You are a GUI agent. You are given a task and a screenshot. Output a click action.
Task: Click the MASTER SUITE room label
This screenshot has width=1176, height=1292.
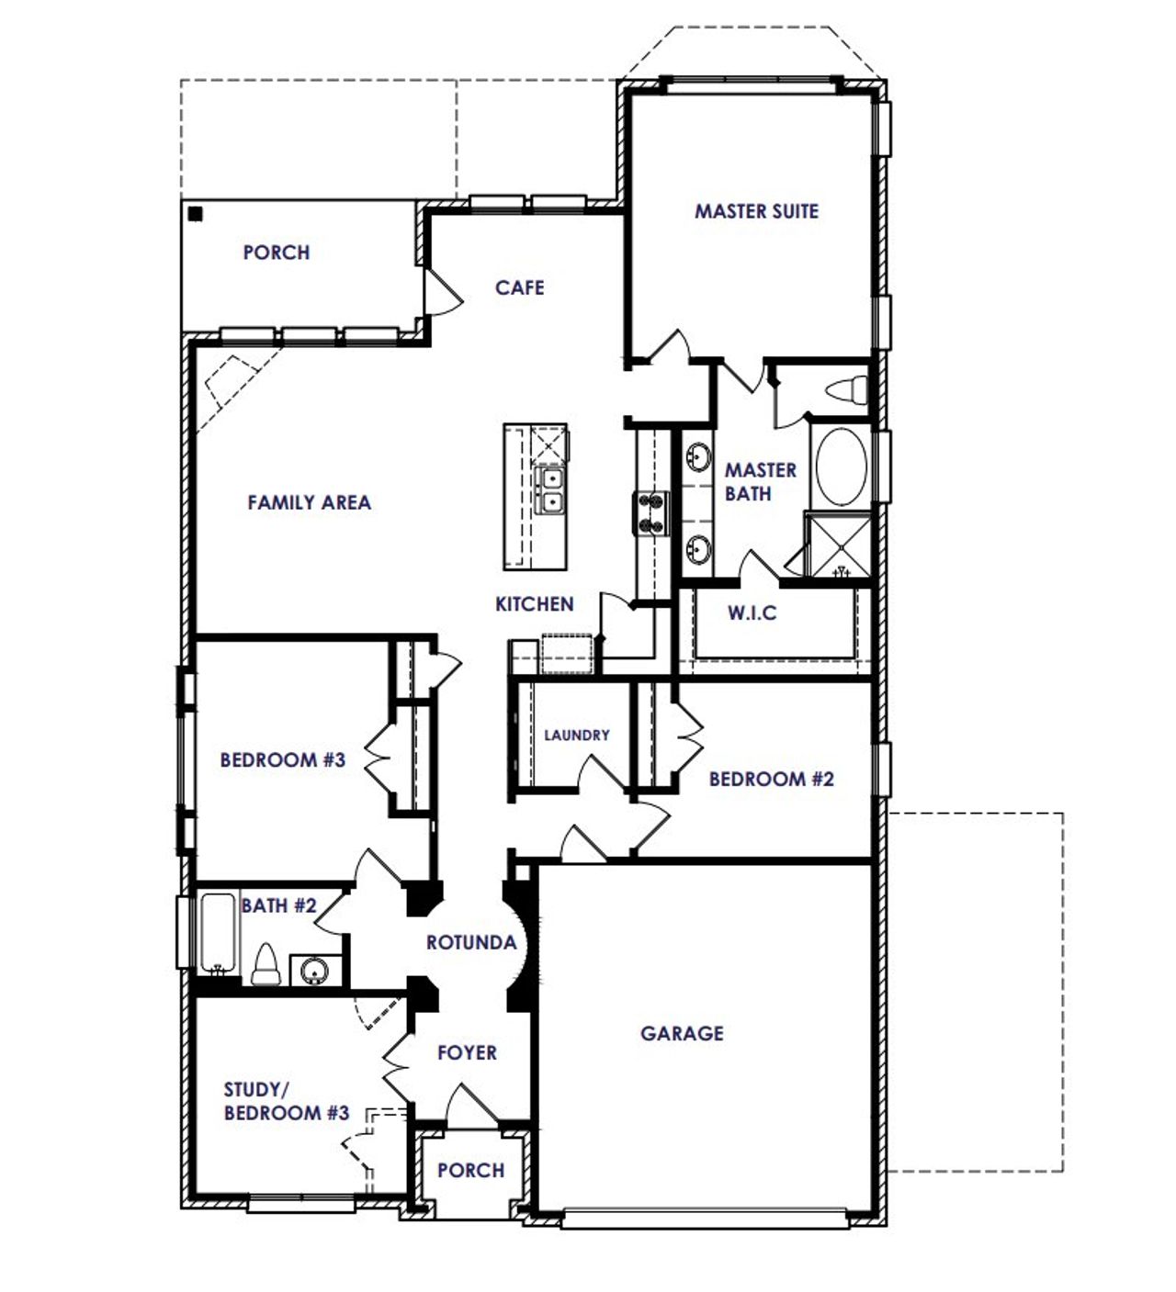coord(756,211)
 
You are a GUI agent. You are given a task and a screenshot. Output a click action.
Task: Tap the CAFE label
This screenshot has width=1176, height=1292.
coord(519,287)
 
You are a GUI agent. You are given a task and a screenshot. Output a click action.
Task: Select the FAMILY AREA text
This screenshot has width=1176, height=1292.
coord(309,502)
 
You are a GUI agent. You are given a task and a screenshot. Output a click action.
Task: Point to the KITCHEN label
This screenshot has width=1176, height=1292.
coord(534,603)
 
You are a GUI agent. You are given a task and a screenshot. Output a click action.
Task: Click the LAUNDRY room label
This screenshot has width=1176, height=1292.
coord(576,735)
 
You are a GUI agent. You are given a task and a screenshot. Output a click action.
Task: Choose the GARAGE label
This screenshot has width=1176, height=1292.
coord(682,1033)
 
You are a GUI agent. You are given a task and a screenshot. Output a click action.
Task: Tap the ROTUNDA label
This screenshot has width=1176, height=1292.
coord(470,942)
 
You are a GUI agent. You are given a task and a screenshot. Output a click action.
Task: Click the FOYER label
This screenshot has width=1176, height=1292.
coord(467,1052)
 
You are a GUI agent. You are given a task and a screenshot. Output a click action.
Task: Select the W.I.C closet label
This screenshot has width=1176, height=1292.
coord(752,612)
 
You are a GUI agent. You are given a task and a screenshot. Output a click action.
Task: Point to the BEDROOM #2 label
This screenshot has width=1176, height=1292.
coord(771,779)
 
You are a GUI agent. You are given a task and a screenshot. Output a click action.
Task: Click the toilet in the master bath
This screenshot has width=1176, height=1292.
coord(848,390)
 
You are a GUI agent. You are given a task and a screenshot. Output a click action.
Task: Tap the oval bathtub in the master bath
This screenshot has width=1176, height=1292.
coord(840,466)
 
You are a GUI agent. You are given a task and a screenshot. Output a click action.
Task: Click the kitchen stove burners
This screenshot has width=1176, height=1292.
coord(650,512)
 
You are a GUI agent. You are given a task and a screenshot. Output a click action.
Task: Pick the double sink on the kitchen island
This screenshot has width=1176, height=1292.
coord(550,489)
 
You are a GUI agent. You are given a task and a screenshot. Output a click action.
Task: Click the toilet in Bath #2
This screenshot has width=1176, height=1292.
coord(266,964)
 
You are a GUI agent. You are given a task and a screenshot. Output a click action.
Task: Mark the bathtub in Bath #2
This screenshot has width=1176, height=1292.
coord(219,932)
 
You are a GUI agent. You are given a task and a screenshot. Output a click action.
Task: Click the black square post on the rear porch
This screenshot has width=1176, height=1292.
coord(195,214)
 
